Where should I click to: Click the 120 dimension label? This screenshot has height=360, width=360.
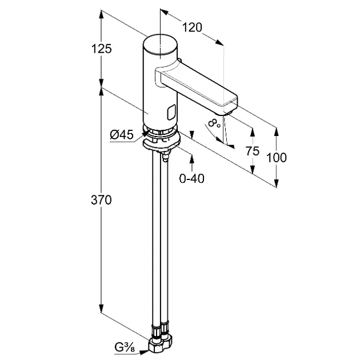(192, 27)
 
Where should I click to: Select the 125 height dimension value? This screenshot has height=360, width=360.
(101, 49)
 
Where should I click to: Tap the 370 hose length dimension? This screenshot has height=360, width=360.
(101, 200)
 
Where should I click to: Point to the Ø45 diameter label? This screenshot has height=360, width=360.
(122, 134)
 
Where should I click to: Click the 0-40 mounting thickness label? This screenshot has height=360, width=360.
(191, 178)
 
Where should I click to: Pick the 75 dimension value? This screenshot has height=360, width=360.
(253, 151)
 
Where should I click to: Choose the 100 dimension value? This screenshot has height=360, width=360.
(277, 158)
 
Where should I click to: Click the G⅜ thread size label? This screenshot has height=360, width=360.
(125, 348)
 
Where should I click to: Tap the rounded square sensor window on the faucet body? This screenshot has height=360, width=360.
(171, 112)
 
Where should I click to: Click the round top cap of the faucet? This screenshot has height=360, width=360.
(160, 44)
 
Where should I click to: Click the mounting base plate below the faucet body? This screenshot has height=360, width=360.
(161, 144)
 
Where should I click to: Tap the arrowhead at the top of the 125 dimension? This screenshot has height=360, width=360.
(101, 14)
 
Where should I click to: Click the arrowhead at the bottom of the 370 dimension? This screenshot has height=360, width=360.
(101, 307)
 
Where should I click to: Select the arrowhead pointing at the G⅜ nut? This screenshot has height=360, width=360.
(144, 351)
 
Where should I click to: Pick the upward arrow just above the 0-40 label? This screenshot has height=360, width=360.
(191, 159)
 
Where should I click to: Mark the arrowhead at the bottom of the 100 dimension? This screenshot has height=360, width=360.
(277, 183)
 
